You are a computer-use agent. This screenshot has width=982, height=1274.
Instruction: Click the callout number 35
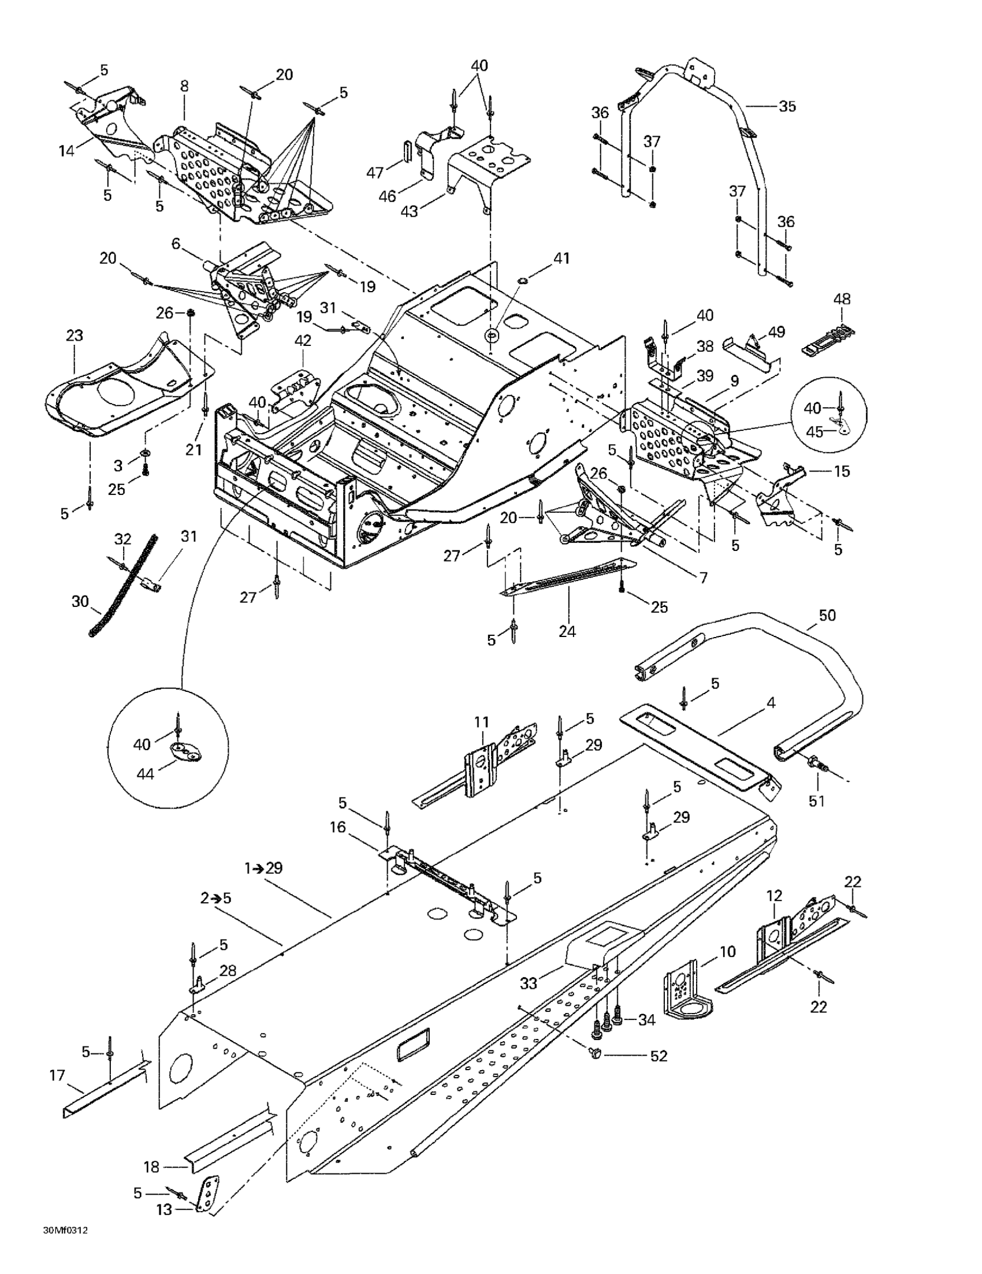[x=787, y=107]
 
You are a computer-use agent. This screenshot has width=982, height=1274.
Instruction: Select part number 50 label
[x=827, y=616]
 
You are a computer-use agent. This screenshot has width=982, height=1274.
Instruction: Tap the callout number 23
[x=75, y=336]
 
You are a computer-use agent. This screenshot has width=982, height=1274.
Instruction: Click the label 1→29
[x=263, y=868]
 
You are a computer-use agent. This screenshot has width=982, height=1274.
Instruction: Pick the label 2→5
[x=216, y=899]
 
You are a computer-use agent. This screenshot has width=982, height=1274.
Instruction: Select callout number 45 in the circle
[x=814, y=431]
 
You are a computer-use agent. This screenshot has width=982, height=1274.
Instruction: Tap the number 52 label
[x=659, y=1056]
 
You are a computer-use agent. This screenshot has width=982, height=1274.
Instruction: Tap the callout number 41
[x=561, y=258]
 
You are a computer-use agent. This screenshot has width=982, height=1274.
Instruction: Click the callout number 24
[x=567, y=631]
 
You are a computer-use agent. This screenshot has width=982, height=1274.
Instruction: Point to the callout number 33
[x=529, y=984]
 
